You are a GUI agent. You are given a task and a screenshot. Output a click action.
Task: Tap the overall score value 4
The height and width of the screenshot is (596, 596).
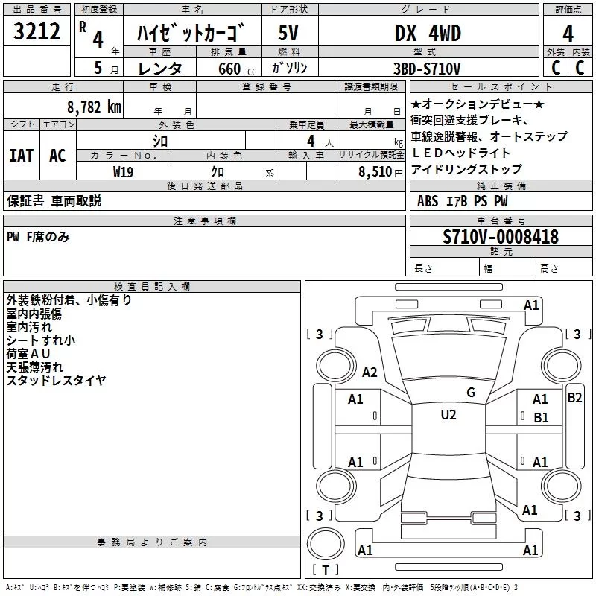pyautogui.click(x=568, y=34)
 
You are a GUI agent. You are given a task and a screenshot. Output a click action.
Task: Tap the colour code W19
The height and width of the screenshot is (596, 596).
pyautogui.click(x=124, y=171)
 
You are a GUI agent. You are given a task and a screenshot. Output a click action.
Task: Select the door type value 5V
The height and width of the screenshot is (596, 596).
pyautogui.click(x=289, y=34)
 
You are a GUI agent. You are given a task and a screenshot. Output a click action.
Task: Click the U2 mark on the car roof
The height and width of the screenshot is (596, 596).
pyautogui.click(x=448, y=415)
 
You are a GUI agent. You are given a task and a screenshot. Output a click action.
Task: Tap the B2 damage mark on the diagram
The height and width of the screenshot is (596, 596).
pyautogui.click(x=574, y=398)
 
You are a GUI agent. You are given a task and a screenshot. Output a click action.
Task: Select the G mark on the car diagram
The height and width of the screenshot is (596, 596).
pyautogui.click(x=470, y=393)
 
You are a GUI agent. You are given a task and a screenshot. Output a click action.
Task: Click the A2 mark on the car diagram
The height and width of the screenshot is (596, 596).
pyautogui.click(x=370, y=372)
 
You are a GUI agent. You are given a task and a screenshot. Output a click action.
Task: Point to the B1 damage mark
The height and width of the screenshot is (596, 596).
pyautogui.click(x=541, y=418)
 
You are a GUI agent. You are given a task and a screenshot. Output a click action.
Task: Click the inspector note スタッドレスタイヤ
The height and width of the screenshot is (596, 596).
pyautogui.click(x=56, y=381)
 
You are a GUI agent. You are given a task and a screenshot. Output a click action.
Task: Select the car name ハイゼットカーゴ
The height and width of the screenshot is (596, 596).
pyautogui.click(x=191, y=34)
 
